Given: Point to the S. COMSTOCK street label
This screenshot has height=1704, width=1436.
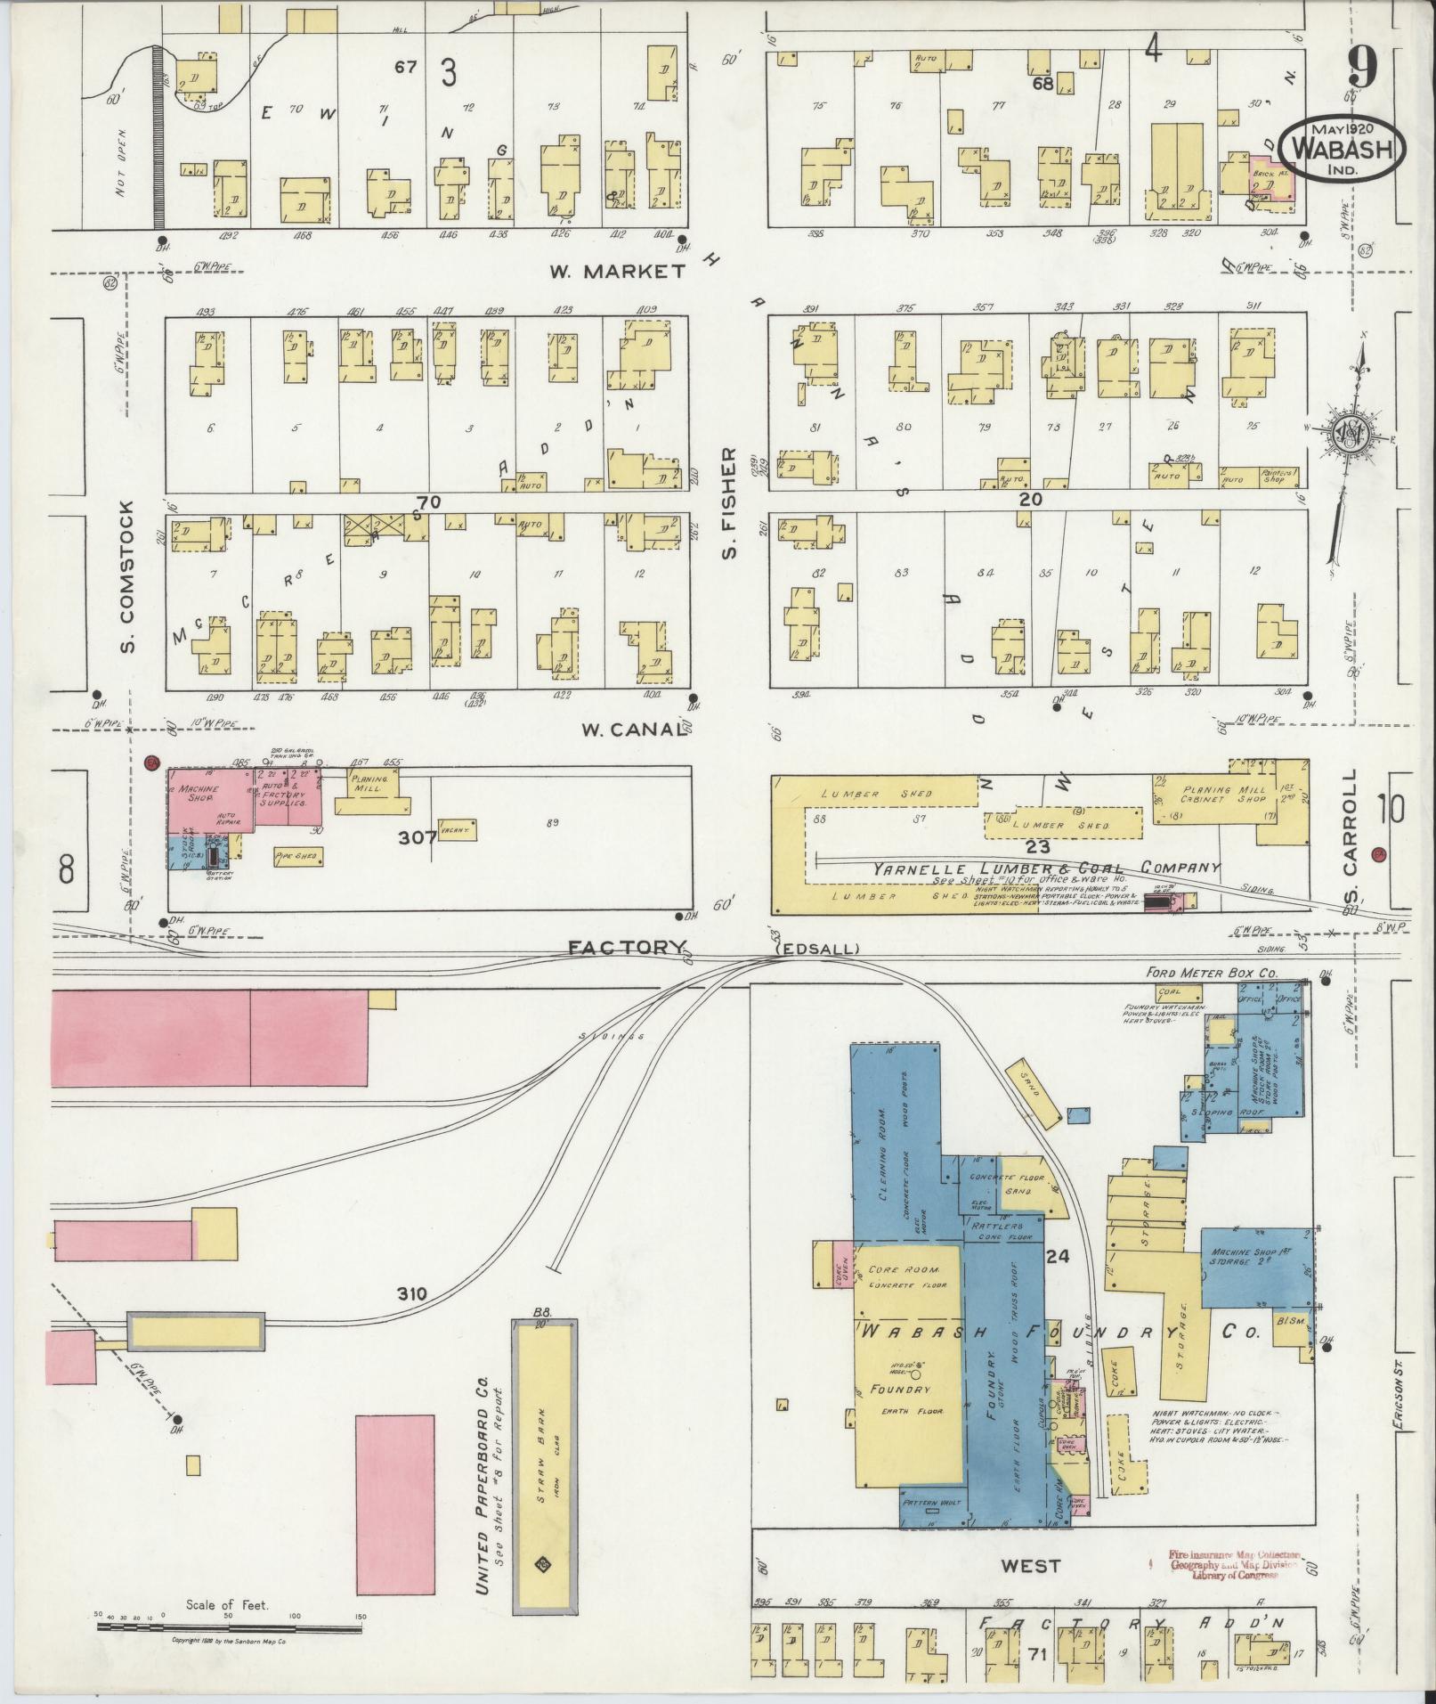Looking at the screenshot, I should point(128,575).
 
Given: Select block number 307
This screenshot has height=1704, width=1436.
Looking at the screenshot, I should point(418,837).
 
